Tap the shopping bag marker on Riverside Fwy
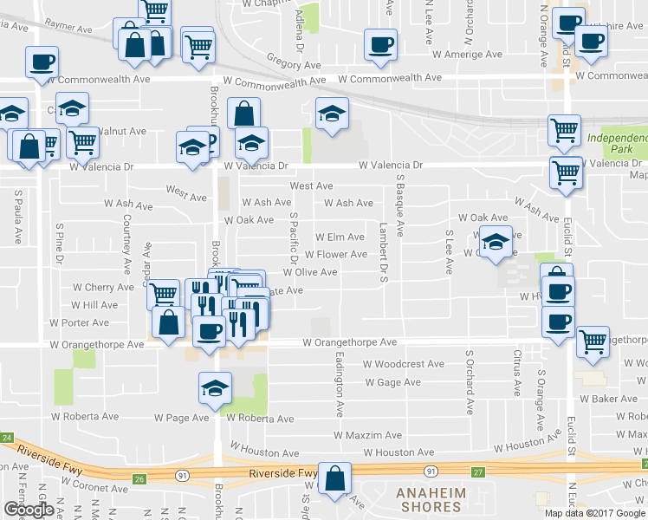point(334,478)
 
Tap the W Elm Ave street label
point(340,237)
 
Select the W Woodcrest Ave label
point(403,364)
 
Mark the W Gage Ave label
point(392,382)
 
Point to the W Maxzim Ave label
point(368,435)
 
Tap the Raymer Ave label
point(68,29)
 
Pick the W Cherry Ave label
point(103,287)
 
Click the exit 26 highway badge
point(139,478)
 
